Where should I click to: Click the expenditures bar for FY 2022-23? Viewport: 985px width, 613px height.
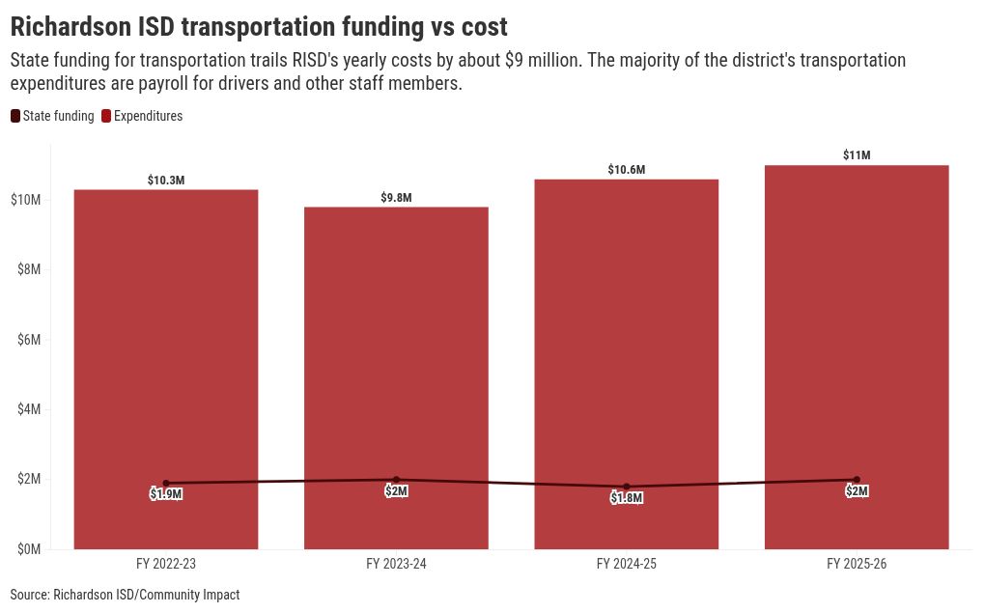click(166, 370)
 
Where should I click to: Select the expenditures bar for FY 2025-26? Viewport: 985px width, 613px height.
click(857, 357)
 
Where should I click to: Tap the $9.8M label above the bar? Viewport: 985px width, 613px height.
click(396, 198)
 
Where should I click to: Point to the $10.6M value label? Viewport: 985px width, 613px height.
click(627, 170)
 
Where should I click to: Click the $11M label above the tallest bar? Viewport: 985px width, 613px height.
click(857, 155)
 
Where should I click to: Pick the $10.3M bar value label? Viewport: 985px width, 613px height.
click(166, 181)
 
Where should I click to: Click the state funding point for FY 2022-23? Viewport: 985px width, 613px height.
click(166, 484)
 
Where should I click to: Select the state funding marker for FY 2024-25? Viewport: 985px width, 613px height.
click(627, 487)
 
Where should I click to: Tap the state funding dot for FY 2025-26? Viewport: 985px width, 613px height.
click(857, 480)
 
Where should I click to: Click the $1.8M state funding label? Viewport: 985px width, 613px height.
click(627, 498)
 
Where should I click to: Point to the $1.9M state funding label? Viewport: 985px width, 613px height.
click(166, 494)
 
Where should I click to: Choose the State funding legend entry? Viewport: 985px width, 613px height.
click(52, 116)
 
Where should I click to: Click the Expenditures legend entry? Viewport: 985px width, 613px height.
click(142, 116)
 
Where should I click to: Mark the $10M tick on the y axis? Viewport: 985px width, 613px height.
click(26, 200)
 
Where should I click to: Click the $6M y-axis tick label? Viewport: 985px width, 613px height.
click(29, 340)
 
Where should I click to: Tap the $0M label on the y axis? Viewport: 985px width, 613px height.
click(29, 549)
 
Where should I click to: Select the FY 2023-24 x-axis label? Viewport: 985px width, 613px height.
click(396, 564)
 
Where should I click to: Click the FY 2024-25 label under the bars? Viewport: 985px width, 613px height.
click(627, 564)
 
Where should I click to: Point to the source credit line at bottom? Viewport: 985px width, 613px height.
click(125, 595)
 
